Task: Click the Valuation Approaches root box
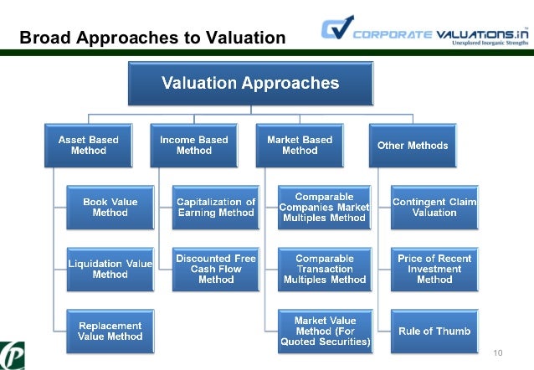pyautogui.click(x=250, y=83)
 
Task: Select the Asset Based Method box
pyautogui.click(x=88, y=145)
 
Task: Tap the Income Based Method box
pyautogui.click(x=193, y=145)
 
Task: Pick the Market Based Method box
pyautogui.click(x=300, y=145)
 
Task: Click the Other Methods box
pyautogui.click(x=412, y=145)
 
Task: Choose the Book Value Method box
pyautogui.click(x=110, y=207)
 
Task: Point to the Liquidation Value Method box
pyautogui.click(x=110, y=269)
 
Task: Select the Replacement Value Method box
pyautogui.click(x=110, y=330)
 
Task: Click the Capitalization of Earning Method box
pyautogui.click(x=216, y=207)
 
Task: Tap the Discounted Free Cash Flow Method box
pyautogui.click(x=216, y=269)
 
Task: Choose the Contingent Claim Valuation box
pyautogui.click(x=435, y=207)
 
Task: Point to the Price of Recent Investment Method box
pyautogui.click(x=435, y=269)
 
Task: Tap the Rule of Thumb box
pyautogui.click(x=435, y=330)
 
